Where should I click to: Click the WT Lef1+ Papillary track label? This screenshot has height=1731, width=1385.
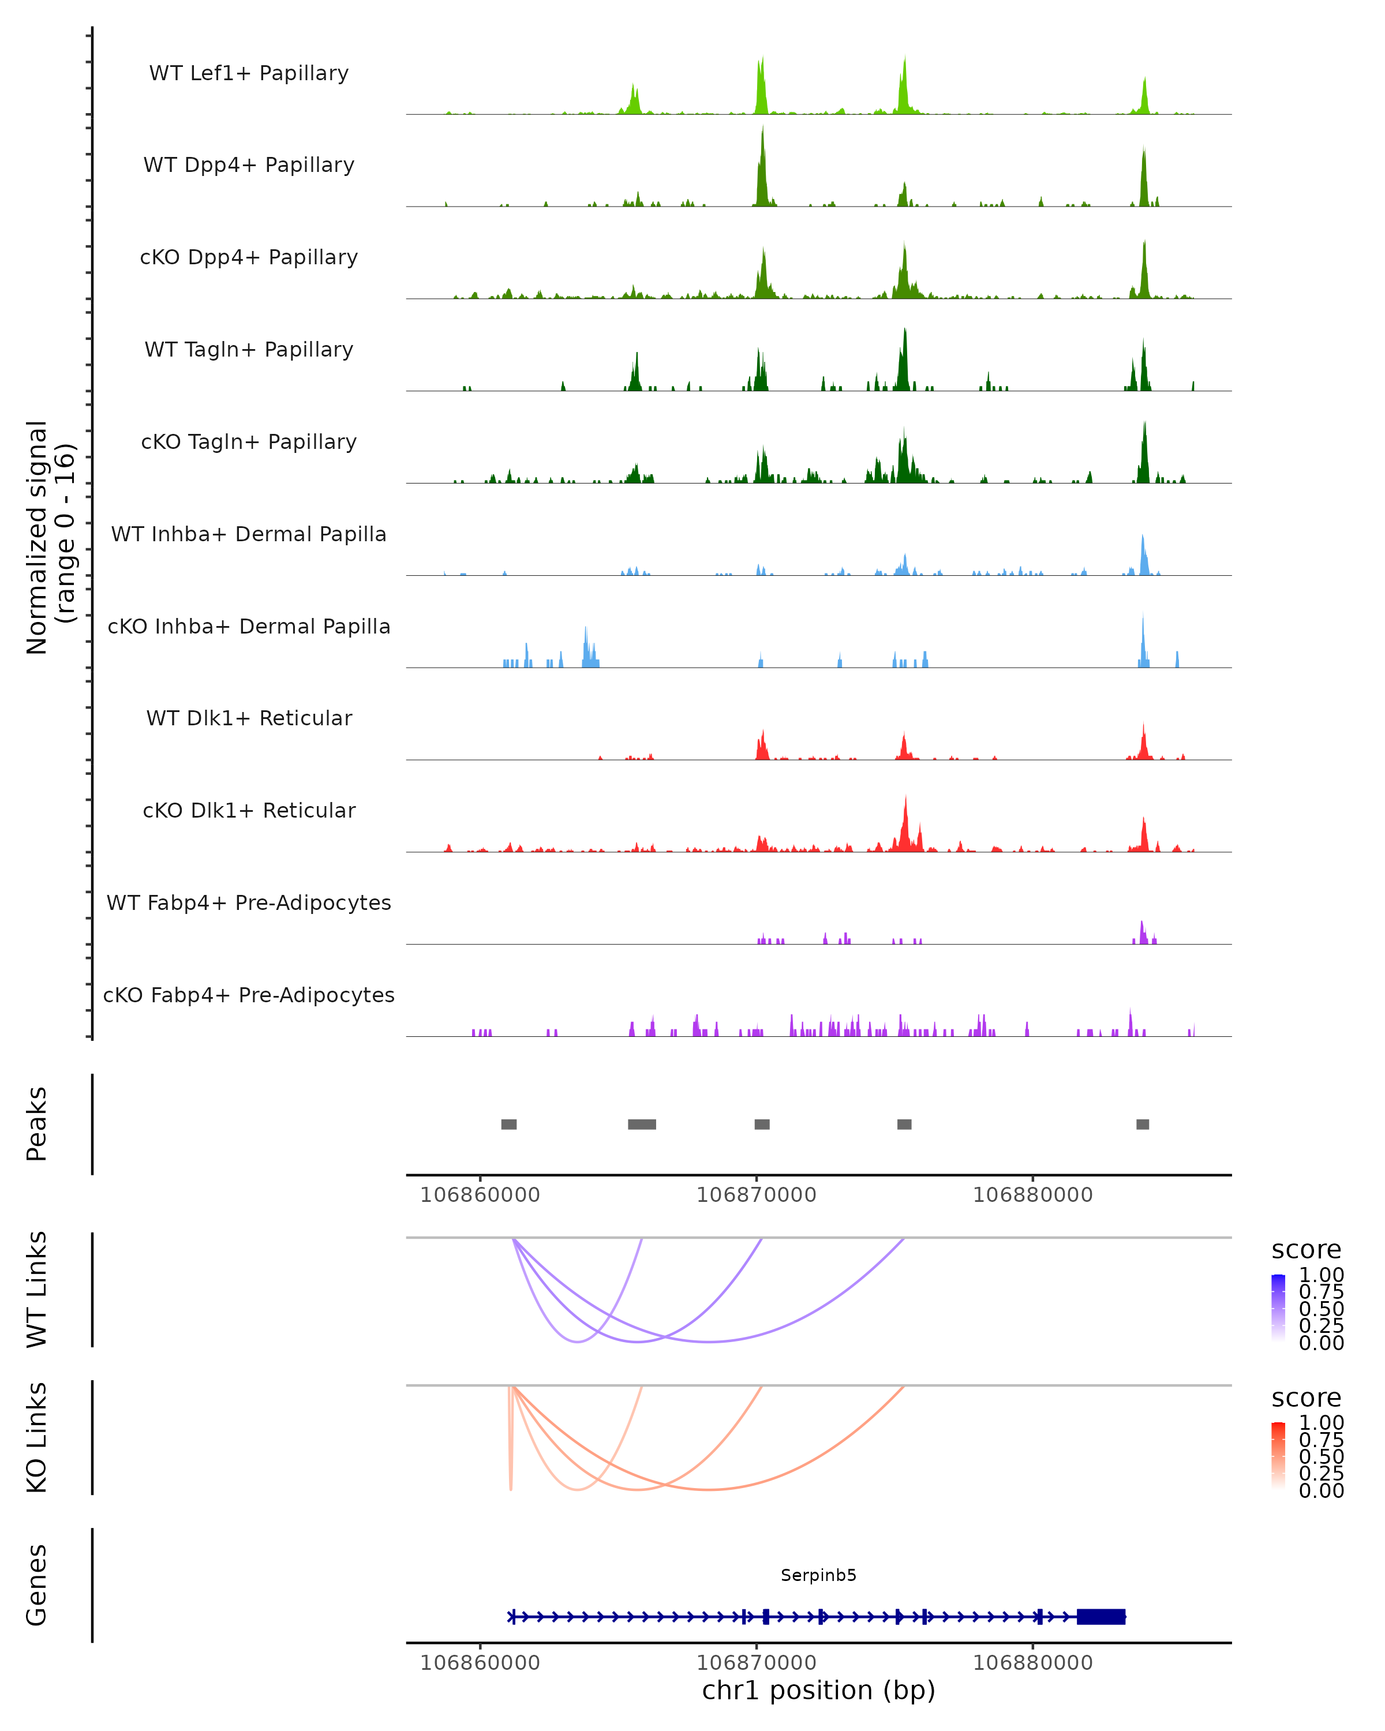[x=249, y=73]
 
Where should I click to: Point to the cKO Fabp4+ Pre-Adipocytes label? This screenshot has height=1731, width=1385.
[x=249, y=995]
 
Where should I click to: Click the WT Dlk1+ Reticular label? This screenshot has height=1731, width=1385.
[x=249, y=718]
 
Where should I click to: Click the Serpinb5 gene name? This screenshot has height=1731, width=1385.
[x=818, y=1575]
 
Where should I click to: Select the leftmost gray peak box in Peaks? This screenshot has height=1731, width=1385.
[x=509, y=1124]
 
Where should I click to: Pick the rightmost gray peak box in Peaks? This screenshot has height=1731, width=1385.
[x=1143, y=1124]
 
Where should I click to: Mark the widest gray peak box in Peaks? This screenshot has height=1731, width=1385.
[x=642, y=1124]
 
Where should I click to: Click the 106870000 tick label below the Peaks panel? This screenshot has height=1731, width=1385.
[x=757, y=1195]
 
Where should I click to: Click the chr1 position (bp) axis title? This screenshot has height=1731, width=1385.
[x=818, y=1690]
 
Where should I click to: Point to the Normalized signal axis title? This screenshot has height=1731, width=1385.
[x=50, y=537]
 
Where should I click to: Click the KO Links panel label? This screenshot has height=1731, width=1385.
[x=37, y=1437]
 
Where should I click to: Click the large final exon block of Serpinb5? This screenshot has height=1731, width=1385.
[x=1100, y=1616]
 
